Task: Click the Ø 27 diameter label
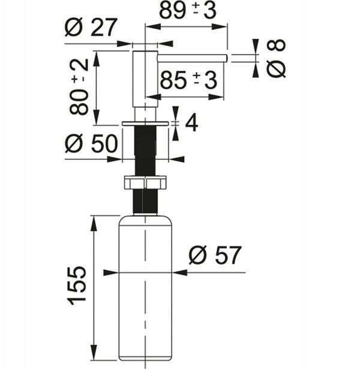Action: click(x=91, y=27)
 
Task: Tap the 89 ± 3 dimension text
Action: click(x=188, y=11)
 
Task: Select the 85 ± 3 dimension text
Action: click(x=188, y=80)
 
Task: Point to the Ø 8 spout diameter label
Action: click(x=276, y=58)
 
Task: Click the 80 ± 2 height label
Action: click(x=79, y=86)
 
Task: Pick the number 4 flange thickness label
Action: click(x=191, y=123)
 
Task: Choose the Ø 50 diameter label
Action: click(x=91, y=143)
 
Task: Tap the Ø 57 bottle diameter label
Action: click(x=215, y=255)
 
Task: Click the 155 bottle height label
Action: click(x=77, y=286)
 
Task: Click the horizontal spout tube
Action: click(x=192, y=58)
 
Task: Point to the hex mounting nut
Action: click(x=145, y=182)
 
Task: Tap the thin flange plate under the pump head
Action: click(x=145, y=124)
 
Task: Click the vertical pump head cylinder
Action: click(x=145, y=79)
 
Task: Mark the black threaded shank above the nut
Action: click(x=145, y=151)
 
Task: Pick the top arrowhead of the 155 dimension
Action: click(x=94, y=223)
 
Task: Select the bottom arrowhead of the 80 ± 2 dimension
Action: click(x=97, y=117)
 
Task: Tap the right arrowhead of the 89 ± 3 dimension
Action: click(x=219, y=26)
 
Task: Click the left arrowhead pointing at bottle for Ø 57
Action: click(x=111, y=272)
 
